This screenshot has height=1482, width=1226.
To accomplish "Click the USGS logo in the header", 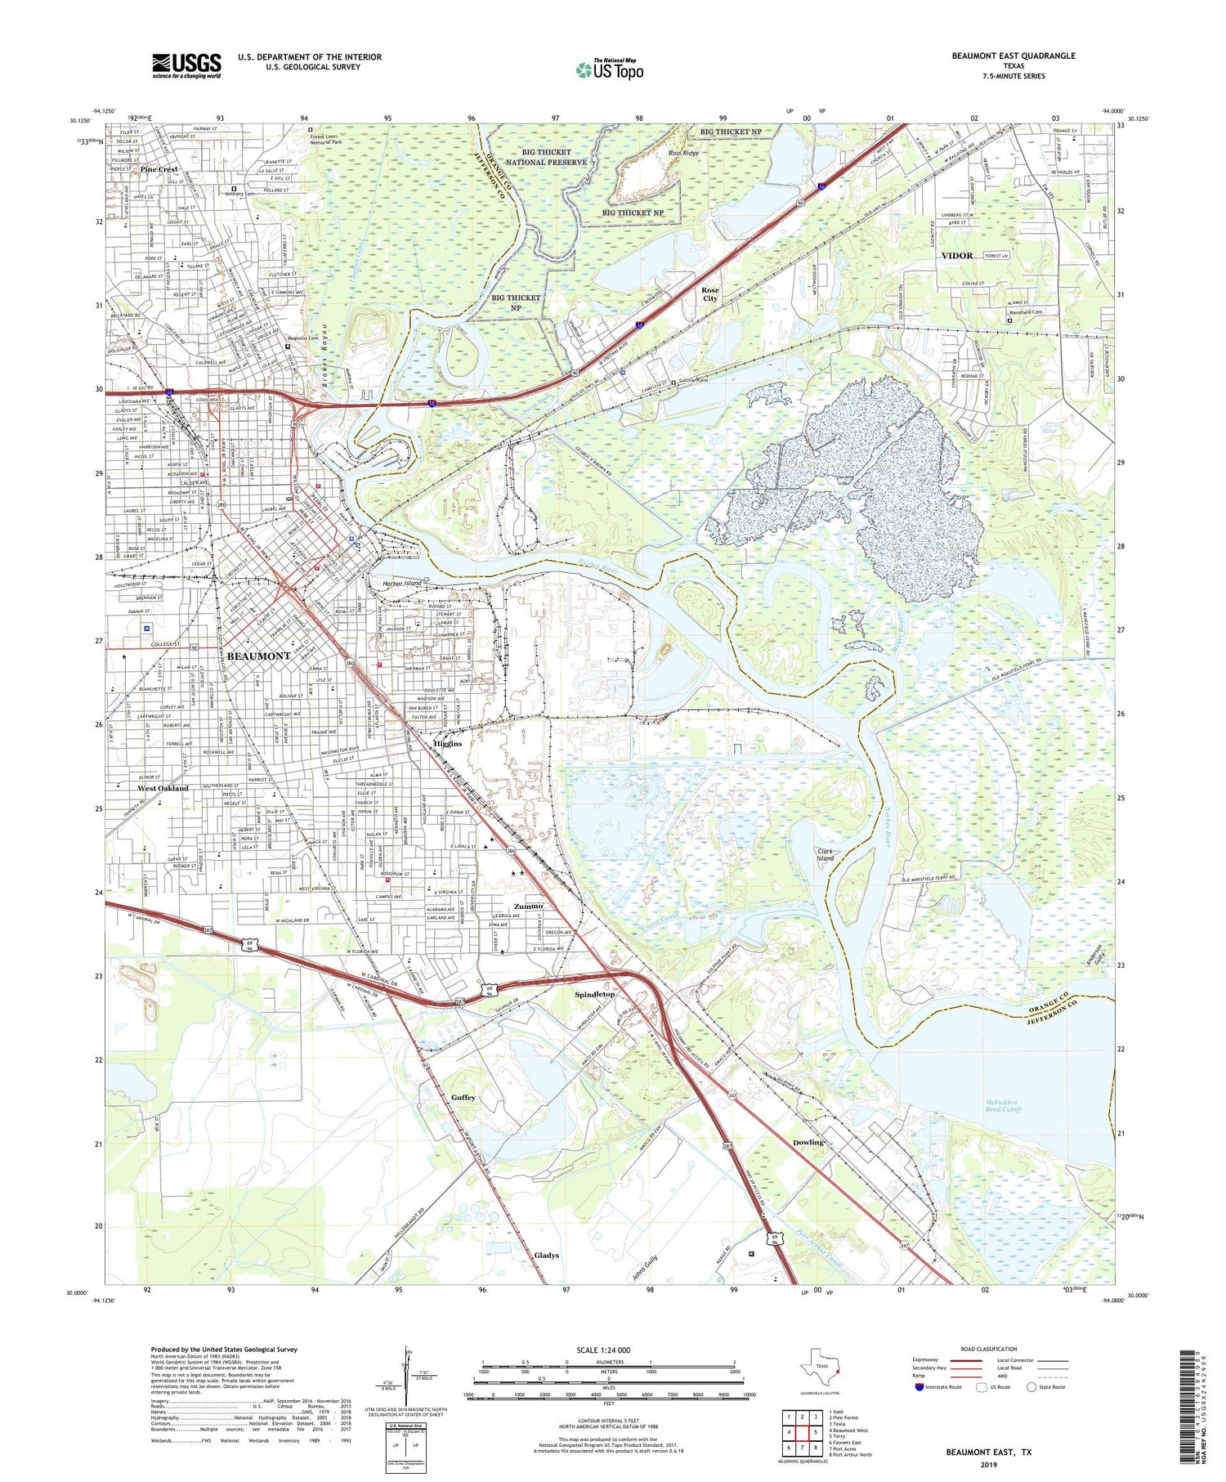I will [186, 65].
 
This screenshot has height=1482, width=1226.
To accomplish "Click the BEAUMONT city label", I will [258, 656].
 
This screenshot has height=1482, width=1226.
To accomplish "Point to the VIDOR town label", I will [957, 256].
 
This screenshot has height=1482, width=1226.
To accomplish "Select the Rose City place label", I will [710, 294].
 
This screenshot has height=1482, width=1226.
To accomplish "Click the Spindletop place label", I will [594, 995].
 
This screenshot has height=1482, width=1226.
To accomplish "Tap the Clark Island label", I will [826, 855].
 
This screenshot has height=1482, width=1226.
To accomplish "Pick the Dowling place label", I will [808, 1142].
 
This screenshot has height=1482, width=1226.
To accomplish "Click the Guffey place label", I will [463, 1098].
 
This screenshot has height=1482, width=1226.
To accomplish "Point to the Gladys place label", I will [546, 1256].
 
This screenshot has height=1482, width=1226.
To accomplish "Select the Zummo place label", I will [529, 907].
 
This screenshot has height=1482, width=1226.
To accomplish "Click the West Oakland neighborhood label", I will [163, 789].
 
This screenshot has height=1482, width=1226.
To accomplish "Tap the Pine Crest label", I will [159, 169].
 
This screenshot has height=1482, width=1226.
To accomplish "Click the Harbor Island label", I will [402, 583].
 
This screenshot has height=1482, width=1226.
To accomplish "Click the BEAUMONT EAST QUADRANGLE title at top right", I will [1013, 56].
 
